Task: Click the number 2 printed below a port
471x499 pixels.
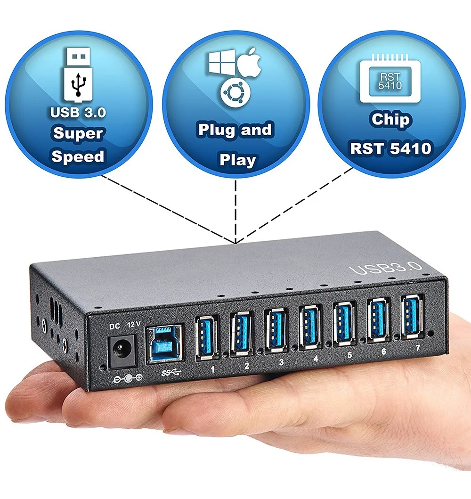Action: [x=247, y=366]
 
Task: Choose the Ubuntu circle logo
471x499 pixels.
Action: [x=235, y=91]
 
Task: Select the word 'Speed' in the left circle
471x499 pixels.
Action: [x=78, y=156]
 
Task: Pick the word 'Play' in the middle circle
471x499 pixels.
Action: [x=237, y=160]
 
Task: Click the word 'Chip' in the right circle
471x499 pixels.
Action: [x=390, y=120]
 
